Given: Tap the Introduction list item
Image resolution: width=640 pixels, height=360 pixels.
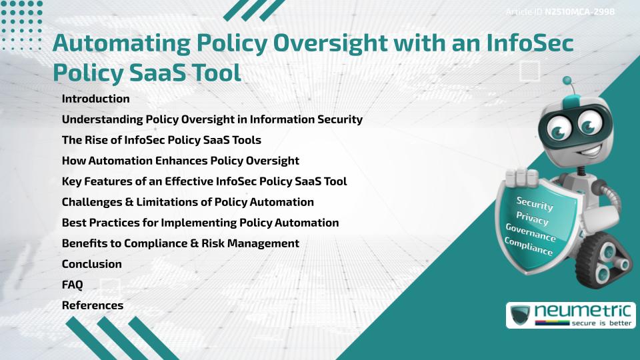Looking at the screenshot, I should tap(95, 99).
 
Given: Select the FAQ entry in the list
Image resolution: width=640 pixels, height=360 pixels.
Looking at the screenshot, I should tap(72, 285).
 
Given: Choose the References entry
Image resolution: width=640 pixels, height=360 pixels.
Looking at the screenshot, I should tap(92, 305).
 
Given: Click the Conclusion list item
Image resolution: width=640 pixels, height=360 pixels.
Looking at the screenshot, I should tap(91, 264).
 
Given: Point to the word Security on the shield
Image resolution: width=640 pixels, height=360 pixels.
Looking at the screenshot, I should tap(535, 204).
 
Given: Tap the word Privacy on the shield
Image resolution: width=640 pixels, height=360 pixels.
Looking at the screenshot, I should tap(532, 219).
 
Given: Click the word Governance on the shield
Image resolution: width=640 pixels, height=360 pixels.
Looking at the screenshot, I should tap(531, 233).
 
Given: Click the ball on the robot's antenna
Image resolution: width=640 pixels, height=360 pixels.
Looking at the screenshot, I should tap(567, 81).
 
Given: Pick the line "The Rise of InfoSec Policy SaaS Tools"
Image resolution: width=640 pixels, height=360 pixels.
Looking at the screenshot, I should tap(161, 140).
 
